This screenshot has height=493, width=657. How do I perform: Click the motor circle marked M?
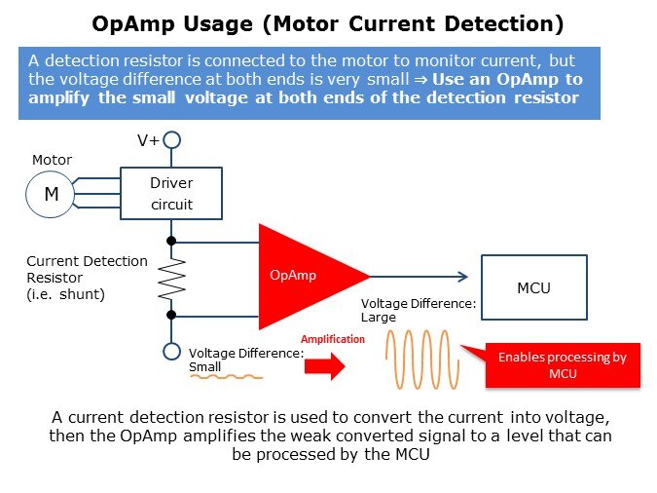click(51, 194)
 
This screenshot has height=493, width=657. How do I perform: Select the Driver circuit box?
click(170, 193)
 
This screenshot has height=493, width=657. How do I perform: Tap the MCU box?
click(534, 287)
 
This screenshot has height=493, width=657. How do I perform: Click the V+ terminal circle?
click(171, 140)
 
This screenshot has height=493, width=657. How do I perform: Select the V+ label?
click(148, 140)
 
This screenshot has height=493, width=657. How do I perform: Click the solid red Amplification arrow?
click(325, 365)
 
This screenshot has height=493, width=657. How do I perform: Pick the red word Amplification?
click(332, 339)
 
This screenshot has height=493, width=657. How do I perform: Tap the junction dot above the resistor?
click(171, 240)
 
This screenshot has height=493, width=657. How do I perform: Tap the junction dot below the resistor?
click(171, 315)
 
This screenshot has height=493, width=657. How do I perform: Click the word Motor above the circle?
click(52, 160)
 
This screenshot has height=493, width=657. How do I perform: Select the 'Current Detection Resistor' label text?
click(87, 277)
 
